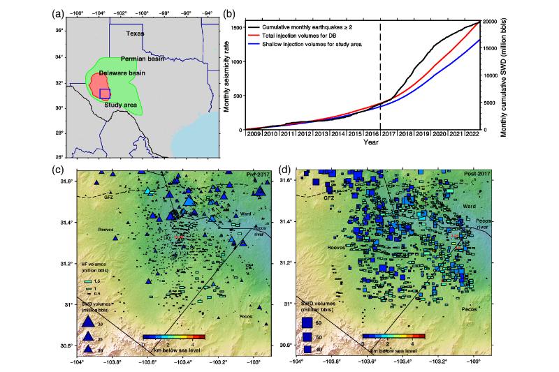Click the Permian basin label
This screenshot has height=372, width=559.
pos(142,59)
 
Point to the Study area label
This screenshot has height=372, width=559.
pos(120,105)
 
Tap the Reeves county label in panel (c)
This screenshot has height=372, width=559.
pos(106,228)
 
